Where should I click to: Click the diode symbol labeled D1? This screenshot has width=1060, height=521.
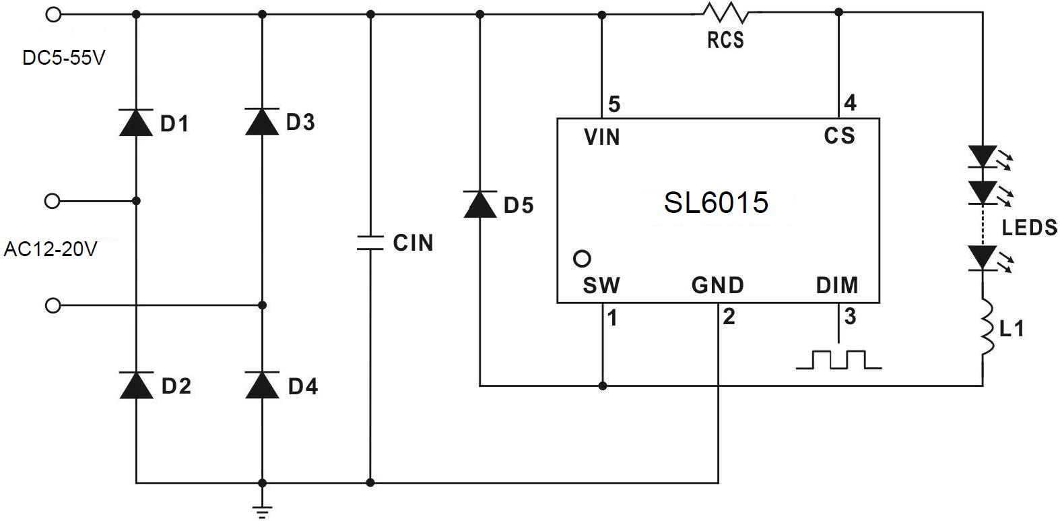[x=136, y=123]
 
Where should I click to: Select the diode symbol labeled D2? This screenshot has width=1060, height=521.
[x=136, y=385]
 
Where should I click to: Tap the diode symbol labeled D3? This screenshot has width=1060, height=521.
[x=262, y=122]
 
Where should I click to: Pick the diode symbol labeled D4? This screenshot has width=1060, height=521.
[x=262, y=385]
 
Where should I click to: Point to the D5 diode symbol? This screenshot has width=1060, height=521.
[x=480, y=204]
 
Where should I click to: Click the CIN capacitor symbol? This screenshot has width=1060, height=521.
[x=370, y=243]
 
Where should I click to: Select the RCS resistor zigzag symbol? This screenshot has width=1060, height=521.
[x=725, y=13]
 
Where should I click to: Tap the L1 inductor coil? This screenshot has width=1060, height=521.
[x=985, y=328]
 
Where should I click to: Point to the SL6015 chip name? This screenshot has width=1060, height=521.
[x=716, y=203]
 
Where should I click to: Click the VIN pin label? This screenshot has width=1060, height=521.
[x=601, y=137]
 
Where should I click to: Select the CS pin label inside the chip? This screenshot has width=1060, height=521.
[x=839, y=136]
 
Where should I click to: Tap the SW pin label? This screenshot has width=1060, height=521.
[x=601, y=286]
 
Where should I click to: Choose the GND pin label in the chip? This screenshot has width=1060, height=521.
[x=717, y=286]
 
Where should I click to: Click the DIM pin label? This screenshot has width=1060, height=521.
[x=837, y=286]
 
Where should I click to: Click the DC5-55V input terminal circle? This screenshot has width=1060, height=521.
[x=53, y=13]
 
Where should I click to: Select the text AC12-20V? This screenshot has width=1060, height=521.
[x=51, y=249]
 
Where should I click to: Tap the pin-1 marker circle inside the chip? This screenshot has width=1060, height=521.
[x=582, y=258]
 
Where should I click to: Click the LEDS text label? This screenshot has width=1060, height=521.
[x=1029, y=228]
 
